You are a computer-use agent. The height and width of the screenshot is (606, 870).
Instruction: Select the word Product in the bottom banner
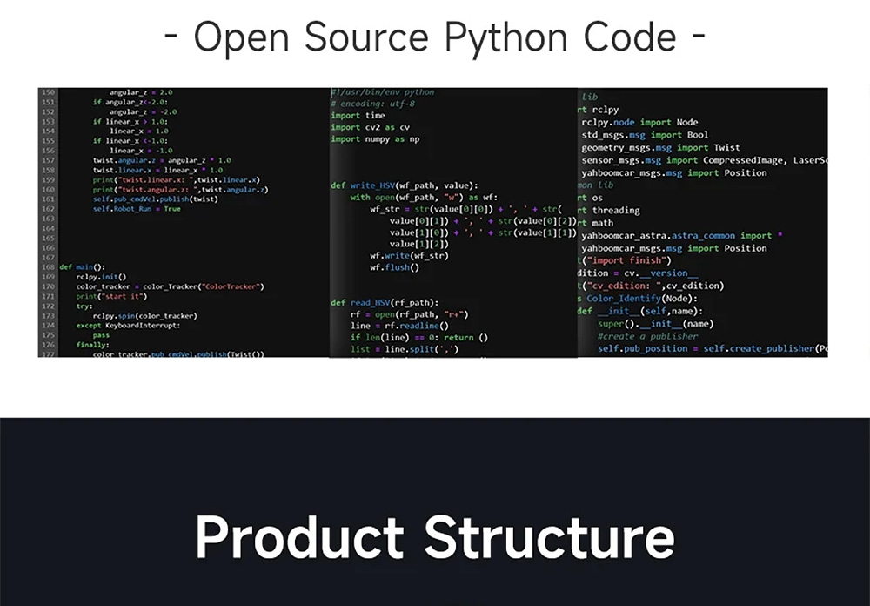299,537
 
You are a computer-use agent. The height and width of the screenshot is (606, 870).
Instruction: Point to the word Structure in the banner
550,537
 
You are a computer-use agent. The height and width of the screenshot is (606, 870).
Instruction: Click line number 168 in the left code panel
48,267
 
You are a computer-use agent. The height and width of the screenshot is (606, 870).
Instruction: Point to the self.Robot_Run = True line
137,209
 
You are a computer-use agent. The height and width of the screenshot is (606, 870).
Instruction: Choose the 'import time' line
358,115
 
